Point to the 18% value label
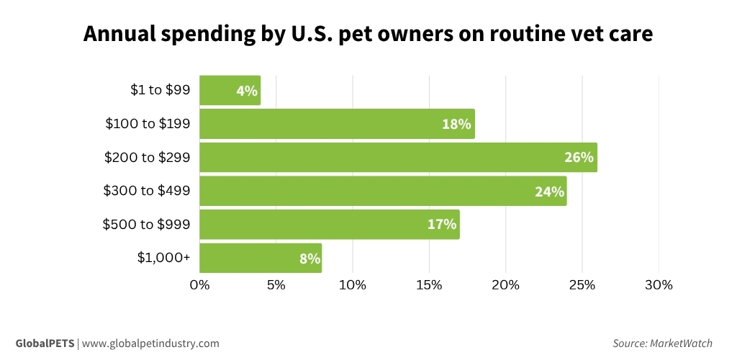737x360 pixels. (456, 124)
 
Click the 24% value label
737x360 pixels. (549, 191)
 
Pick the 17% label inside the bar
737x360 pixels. (442, 224)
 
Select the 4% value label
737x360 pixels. (246, 91)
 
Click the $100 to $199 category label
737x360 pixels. (148, 124)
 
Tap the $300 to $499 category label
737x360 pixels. (147, 191)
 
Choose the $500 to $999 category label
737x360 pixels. (147, 224)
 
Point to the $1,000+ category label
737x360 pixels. (163, 258)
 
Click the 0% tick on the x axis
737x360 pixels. (199, 285)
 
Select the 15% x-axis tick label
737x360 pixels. (429, 285)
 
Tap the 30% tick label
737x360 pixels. (658, 285)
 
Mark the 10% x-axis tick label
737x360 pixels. (353, 285)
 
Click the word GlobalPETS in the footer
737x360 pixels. (45, 343)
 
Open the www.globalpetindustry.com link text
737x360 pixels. (150, 343)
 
